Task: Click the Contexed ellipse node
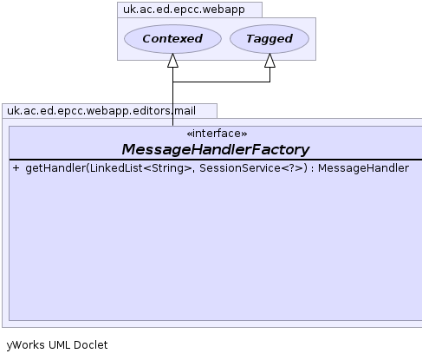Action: pyautogui.click(x=172, y=39)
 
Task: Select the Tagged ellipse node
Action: pyautogui.click(x=269, y=39)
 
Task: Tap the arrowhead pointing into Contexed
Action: pyautogui.click(x=172, y=61)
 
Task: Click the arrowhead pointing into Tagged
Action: pyautogui.click(x=269, y=61)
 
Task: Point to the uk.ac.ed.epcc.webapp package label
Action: pyautogui.click(x=184, y=10)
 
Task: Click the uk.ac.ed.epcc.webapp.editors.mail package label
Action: pyautogui.click(x=101, y=111)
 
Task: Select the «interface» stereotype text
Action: pyautogui.click(x=217, y=134)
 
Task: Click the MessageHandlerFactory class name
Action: pyautogui.click(x=216, y=149)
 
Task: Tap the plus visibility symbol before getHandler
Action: pyautogui.click(x=16, y=168)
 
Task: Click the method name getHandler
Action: pyautogui.click(x=55, y=168)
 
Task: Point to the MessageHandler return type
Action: pyautogui.click(x=363, y=168)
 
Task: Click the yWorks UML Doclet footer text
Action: pyautogui.click(x=57, y=345)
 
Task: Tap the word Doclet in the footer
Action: pyautogui.click(x=91, y=344)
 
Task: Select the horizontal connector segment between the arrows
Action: pyautogui.click(x=221, y=82)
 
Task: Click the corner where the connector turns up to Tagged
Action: pyautogui.click(x=269, y=82)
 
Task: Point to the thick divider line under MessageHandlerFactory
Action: pyautogui.click(x=216, y=160)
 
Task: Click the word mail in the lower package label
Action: pyautogui.click(x=185, y=111)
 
